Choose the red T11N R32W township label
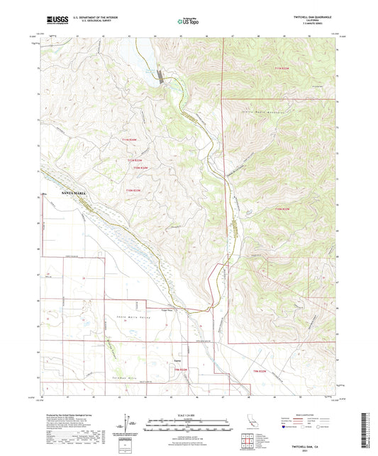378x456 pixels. click(281, 67)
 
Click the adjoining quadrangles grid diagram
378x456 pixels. click(247, 443)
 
